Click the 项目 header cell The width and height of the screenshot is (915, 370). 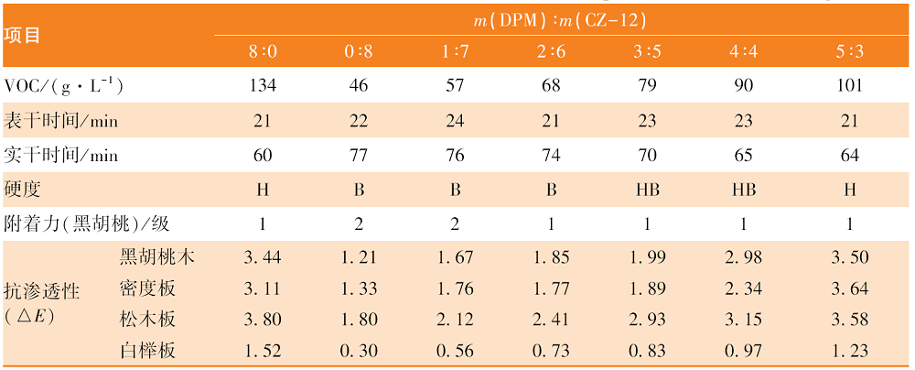22,36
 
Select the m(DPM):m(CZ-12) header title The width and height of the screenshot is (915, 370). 560,21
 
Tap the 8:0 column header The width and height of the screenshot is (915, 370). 263,52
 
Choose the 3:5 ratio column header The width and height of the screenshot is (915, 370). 647,52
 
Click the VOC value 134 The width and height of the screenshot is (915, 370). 263,85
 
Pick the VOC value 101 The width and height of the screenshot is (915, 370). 849,85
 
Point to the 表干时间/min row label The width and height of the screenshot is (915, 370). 60,121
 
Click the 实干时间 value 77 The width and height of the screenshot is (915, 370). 359,156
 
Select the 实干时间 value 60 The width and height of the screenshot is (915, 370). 263,156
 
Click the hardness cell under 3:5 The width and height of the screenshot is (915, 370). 647,190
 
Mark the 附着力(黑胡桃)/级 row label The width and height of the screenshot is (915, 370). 87,223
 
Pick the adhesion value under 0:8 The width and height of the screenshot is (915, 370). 359,224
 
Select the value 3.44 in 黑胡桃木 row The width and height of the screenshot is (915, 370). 263,257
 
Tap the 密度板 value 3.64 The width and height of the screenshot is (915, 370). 849,289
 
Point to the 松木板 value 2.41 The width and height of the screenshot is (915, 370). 551,320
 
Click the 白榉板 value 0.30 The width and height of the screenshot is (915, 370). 359,351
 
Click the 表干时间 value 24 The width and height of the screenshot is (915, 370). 455,121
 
